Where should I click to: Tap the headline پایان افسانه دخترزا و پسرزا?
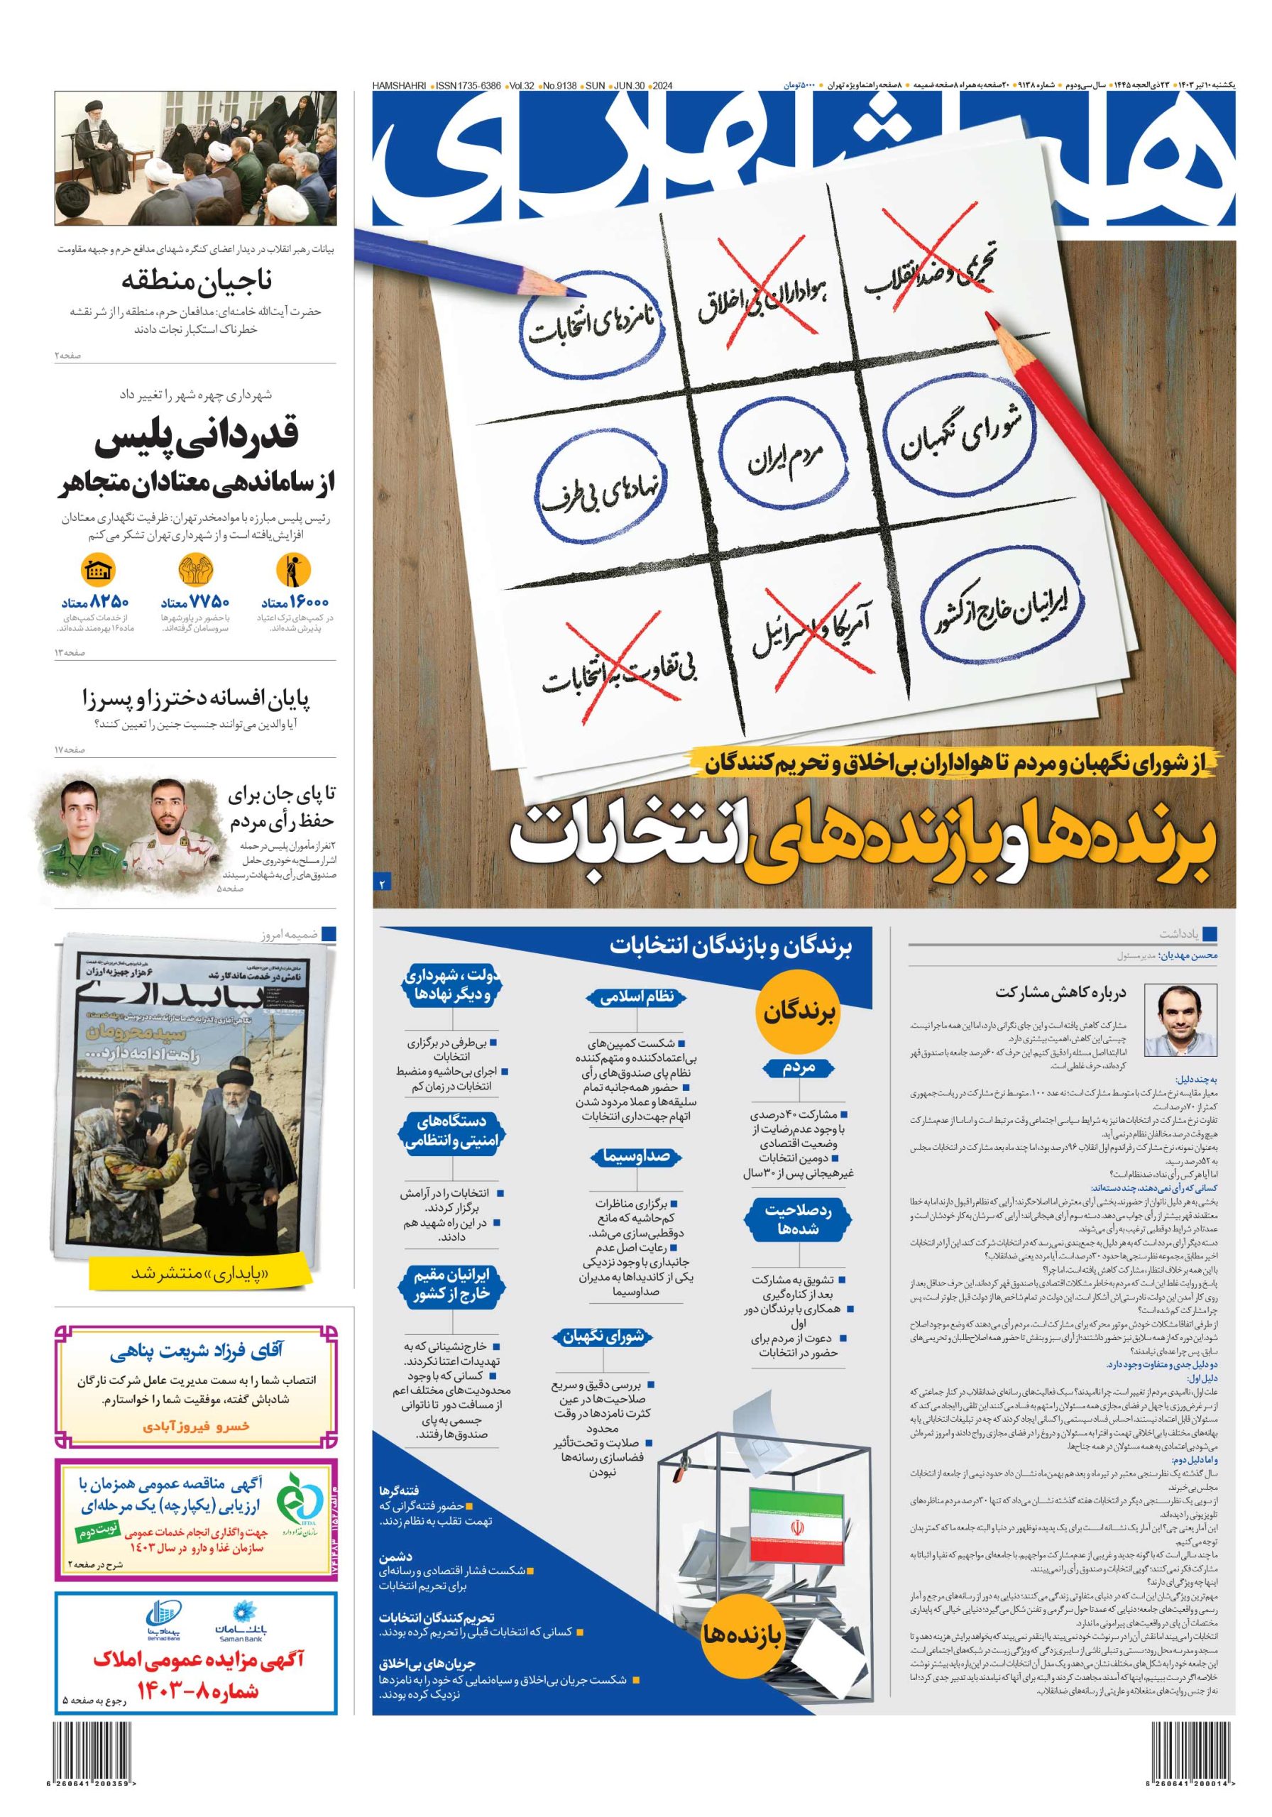(x=197, y=699)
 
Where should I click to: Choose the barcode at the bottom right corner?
(x=1192, y=1781)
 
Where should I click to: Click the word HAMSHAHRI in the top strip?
(x=399, y=84)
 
